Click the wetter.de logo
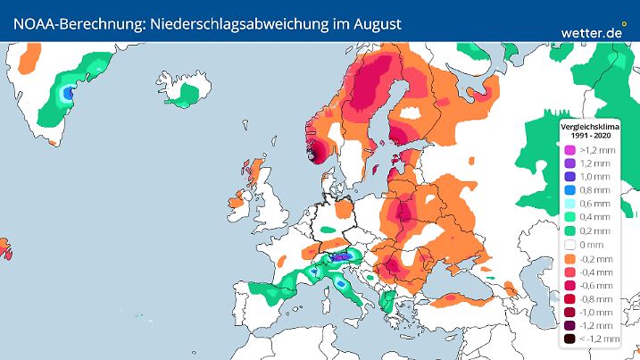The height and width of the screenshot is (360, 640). tap(591, 31)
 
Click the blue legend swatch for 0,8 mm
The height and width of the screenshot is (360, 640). tap(568, 189)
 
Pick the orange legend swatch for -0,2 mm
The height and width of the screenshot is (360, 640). tap(568, 257)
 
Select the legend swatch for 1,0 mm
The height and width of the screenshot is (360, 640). tap(568, 177)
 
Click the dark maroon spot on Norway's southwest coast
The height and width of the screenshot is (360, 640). tap(311, 153)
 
